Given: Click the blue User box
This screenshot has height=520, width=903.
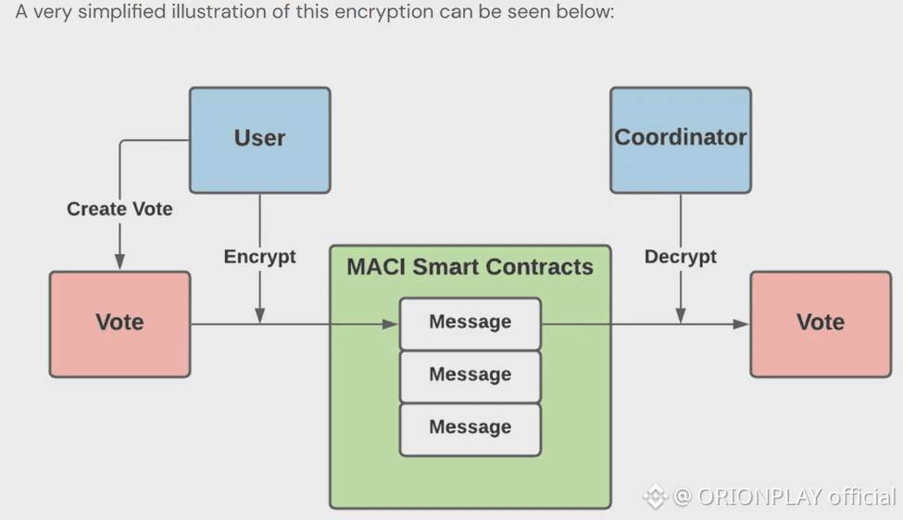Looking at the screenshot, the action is (259, 140).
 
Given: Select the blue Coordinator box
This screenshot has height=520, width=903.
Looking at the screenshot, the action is (681, 140).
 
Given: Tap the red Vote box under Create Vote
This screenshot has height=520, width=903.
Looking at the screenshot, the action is (119, 324).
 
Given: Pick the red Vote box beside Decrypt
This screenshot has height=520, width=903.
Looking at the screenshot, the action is (821, 324).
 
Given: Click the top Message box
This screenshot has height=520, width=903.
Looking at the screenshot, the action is (470, 323).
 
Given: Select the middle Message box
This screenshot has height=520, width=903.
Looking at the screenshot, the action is (470, 376).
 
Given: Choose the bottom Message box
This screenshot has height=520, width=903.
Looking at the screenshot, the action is (470, 429).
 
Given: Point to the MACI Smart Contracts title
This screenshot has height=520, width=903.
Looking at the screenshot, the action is (470, 267).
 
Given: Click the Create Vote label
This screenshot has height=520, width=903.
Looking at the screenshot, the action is (119, 209).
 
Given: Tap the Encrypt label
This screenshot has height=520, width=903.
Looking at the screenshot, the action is (259, 257).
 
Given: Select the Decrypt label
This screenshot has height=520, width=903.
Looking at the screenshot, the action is (681, 257).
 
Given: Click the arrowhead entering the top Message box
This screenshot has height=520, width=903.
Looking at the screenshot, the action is (391, 324).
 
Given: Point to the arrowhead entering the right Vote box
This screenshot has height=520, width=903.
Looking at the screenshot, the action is (741, 324).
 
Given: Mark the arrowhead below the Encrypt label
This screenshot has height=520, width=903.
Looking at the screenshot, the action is (259, 315).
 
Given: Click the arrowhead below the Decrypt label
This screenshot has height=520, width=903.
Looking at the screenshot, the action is (681, 315).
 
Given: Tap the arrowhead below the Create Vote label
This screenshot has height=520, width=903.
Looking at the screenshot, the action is (119, 261).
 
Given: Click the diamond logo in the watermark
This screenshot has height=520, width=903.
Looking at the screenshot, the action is (656, 497).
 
